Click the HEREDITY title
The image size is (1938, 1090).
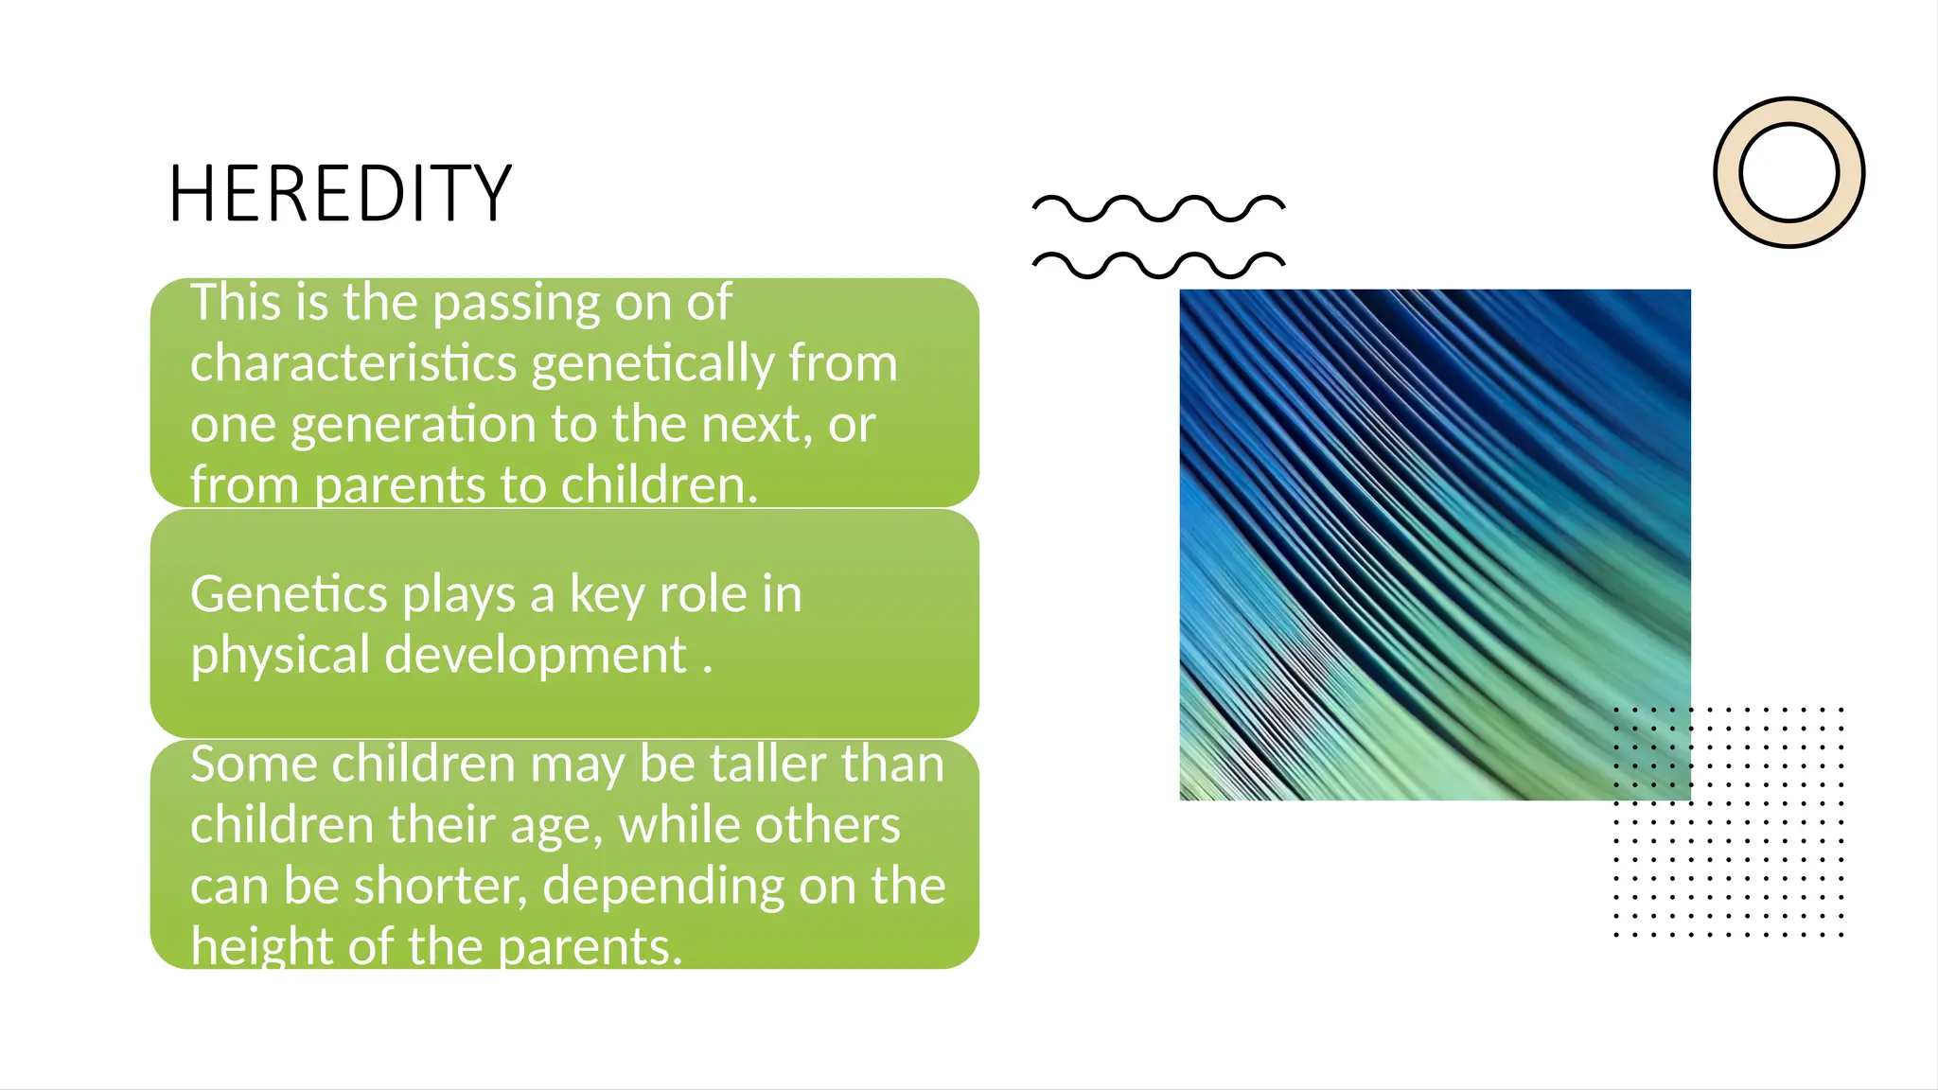click(x=340, y=193)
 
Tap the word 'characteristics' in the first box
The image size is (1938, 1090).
click(x=354, y=363)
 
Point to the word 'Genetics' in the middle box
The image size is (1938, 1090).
click(x=289, y=595)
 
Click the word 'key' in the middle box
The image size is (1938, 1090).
click(x=606, y=595)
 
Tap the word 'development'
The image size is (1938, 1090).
click(x=536, y=656)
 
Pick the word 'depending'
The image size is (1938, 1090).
click(x=663, y=887)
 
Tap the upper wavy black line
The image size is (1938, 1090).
click(x=1158, y=208)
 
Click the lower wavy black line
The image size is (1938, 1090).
click(x=1158, y=265)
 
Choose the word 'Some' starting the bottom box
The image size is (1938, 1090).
click(x=254, y=764)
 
